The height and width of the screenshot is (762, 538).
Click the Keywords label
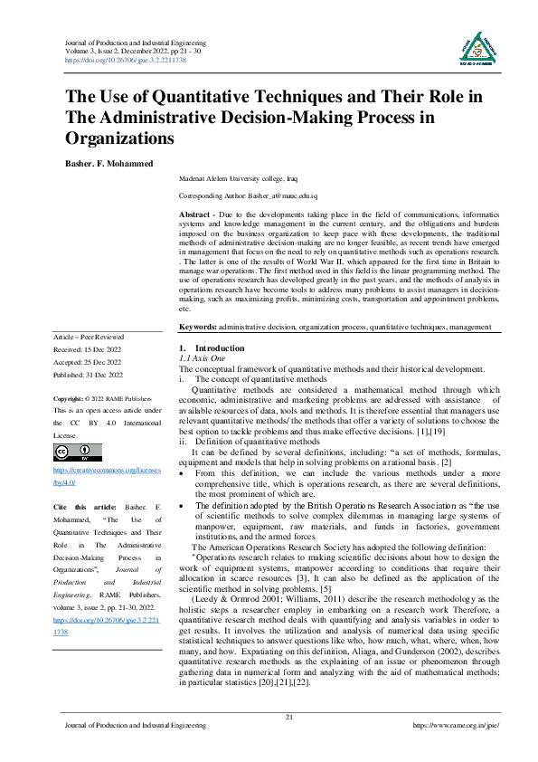[198, 326]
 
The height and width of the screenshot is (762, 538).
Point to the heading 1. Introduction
[212, 348]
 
